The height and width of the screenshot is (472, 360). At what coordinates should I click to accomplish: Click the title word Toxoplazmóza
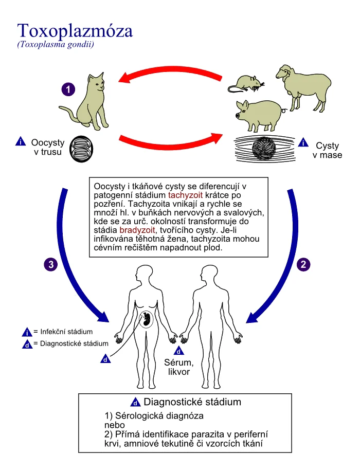[x=75, y=31]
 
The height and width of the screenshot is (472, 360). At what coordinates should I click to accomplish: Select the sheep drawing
[x=303, y=87]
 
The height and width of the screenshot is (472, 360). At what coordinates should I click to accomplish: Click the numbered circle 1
[x=68, y=89]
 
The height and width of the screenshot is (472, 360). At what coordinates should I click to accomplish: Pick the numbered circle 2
[x=303, y=264]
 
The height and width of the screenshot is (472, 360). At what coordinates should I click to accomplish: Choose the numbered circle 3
[x=51, y=264]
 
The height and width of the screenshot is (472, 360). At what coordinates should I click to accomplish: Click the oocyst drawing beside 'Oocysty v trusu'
[x=81, y=149]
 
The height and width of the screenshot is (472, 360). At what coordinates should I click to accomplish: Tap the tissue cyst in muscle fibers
[x=264, y=149]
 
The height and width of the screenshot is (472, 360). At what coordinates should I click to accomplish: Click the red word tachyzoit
[x=186, y=195]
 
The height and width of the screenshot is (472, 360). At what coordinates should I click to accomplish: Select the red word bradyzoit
[x=137, y=230]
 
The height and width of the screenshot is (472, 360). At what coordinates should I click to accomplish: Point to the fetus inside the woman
[x=147, y=319]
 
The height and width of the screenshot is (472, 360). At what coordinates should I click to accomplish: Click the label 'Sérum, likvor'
[x=179, y=367]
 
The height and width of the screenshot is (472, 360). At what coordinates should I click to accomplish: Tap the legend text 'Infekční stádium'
[x=66, y=332]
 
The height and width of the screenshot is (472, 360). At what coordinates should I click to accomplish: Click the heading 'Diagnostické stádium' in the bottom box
[x=192, y=402]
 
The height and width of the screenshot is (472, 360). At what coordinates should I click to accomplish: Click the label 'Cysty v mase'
[x=327, y=150]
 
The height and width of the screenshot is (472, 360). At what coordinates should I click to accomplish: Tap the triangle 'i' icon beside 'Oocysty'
[x=21, y=141]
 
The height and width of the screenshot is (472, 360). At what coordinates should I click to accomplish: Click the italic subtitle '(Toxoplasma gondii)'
[x=56, y=45]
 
